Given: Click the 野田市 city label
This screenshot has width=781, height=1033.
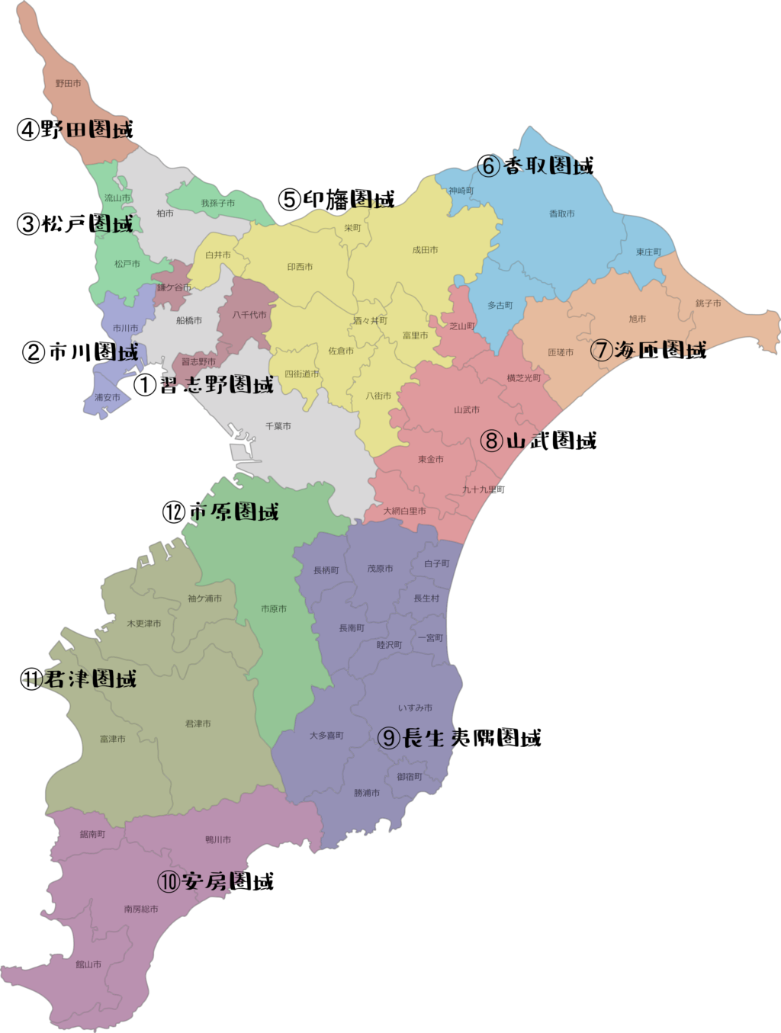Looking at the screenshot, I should pos(68,83).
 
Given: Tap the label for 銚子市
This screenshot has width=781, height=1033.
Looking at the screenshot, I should pos(708,303).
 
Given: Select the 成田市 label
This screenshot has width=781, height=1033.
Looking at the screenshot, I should pos(425,250).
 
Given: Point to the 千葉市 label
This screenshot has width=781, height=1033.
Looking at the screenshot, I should pos(278,426).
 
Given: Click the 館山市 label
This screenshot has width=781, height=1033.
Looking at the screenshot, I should pos(88,964).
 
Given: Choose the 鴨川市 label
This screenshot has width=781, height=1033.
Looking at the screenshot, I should pos(218,839).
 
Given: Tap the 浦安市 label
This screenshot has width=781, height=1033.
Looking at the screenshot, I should pos(108,397).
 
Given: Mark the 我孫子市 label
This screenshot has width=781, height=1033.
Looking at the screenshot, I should pos(218,204).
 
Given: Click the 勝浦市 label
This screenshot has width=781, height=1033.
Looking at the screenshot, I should pos(367,793).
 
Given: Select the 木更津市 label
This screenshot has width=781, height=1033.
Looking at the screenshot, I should pos(144,624).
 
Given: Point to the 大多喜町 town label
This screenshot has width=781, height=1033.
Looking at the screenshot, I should pos(326,736).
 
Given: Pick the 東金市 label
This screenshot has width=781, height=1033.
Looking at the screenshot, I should pos(431,460).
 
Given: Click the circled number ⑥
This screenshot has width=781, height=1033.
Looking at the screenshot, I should pos(488,165).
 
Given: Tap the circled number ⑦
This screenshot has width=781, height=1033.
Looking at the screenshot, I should pos(602,350).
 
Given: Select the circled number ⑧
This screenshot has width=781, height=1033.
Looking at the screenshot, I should pos(492,441).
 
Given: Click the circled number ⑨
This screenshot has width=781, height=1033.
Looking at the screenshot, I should pos(389,738).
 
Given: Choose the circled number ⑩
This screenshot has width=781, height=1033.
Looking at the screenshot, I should pos(169,882).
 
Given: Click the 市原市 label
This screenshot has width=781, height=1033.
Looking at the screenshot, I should pos(274,609).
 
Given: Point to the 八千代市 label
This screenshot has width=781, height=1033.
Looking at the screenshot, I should pos(249,315).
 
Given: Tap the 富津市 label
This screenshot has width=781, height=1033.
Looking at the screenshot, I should pos(113,739).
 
